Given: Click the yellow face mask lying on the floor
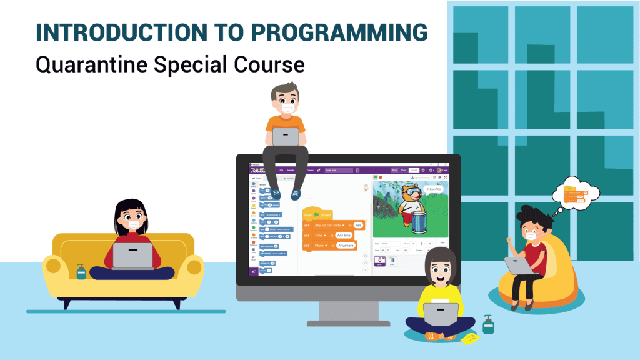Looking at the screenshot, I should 468,338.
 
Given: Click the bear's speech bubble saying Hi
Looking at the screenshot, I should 429,189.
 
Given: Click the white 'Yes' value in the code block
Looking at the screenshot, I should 358,225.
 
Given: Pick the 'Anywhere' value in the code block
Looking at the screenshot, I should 345,246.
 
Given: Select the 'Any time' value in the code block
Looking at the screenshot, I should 344,235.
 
